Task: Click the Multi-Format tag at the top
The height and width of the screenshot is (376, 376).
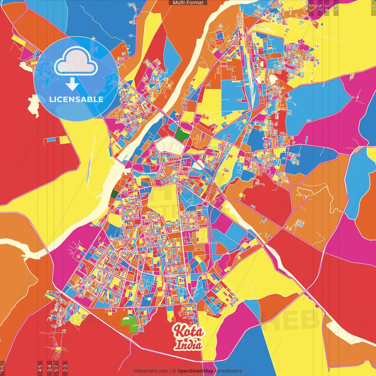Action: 188,3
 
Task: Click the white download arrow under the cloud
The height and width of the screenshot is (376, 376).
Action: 72,84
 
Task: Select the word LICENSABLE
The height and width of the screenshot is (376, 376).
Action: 76,99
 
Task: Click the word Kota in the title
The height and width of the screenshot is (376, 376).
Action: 188,331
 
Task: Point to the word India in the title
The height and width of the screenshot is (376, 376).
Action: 189,345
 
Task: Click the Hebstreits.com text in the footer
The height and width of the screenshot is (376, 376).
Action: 151,371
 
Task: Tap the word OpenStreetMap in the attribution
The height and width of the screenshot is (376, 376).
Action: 195,371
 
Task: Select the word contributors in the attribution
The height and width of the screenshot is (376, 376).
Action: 228,371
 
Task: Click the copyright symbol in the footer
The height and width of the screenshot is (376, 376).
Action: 174,371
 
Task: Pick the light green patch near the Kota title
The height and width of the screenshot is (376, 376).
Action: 129,324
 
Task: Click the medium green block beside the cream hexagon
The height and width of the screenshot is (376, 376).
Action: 182,134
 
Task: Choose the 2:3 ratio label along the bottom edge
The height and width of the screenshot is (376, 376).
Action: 65,367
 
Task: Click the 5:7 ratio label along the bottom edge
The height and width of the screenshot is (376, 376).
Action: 56,367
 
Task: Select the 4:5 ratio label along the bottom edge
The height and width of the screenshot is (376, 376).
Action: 40,367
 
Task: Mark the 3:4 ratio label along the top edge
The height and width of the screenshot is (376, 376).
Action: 326,8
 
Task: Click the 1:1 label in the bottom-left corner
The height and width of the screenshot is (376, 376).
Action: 2,368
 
